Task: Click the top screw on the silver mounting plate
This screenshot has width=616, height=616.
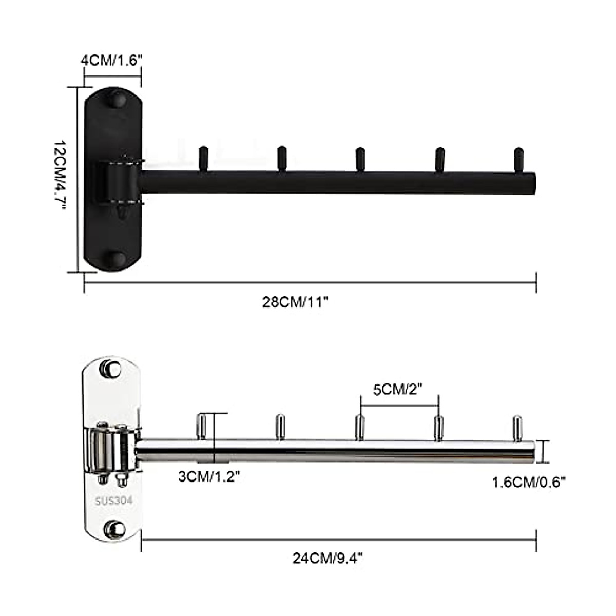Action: pyautogui.click(x=112, y=368)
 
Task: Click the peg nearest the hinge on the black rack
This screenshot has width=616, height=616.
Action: pyautogui.click(x=203, y=159)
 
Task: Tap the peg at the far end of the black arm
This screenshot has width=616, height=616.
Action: pyautogui.click(x=519, y=159)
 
